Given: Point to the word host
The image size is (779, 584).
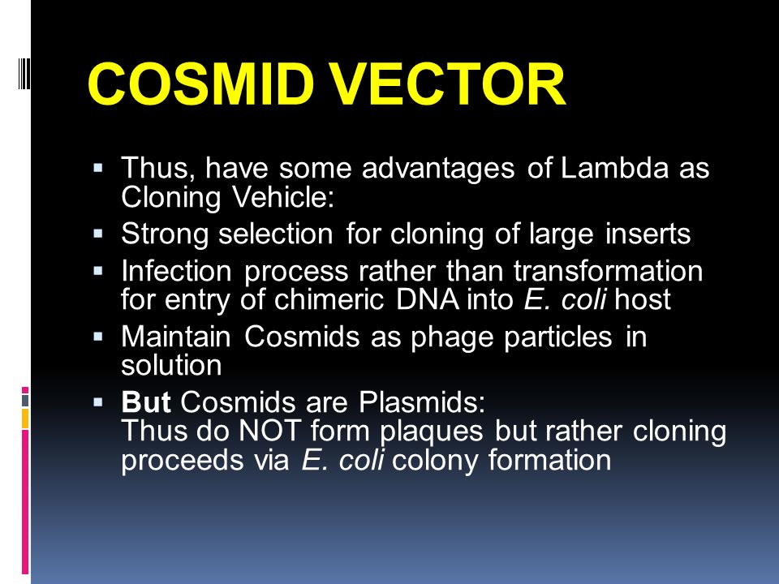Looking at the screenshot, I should pos(643,300).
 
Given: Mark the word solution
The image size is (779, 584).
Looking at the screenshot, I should pos(171,365).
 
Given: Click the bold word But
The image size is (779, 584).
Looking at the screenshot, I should pos(146,403).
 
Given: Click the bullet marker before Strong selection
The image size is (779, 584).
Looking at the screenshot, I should pos(98,234).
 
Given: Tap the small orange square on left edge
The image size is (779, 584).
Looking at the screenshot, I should pos(25,419).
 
